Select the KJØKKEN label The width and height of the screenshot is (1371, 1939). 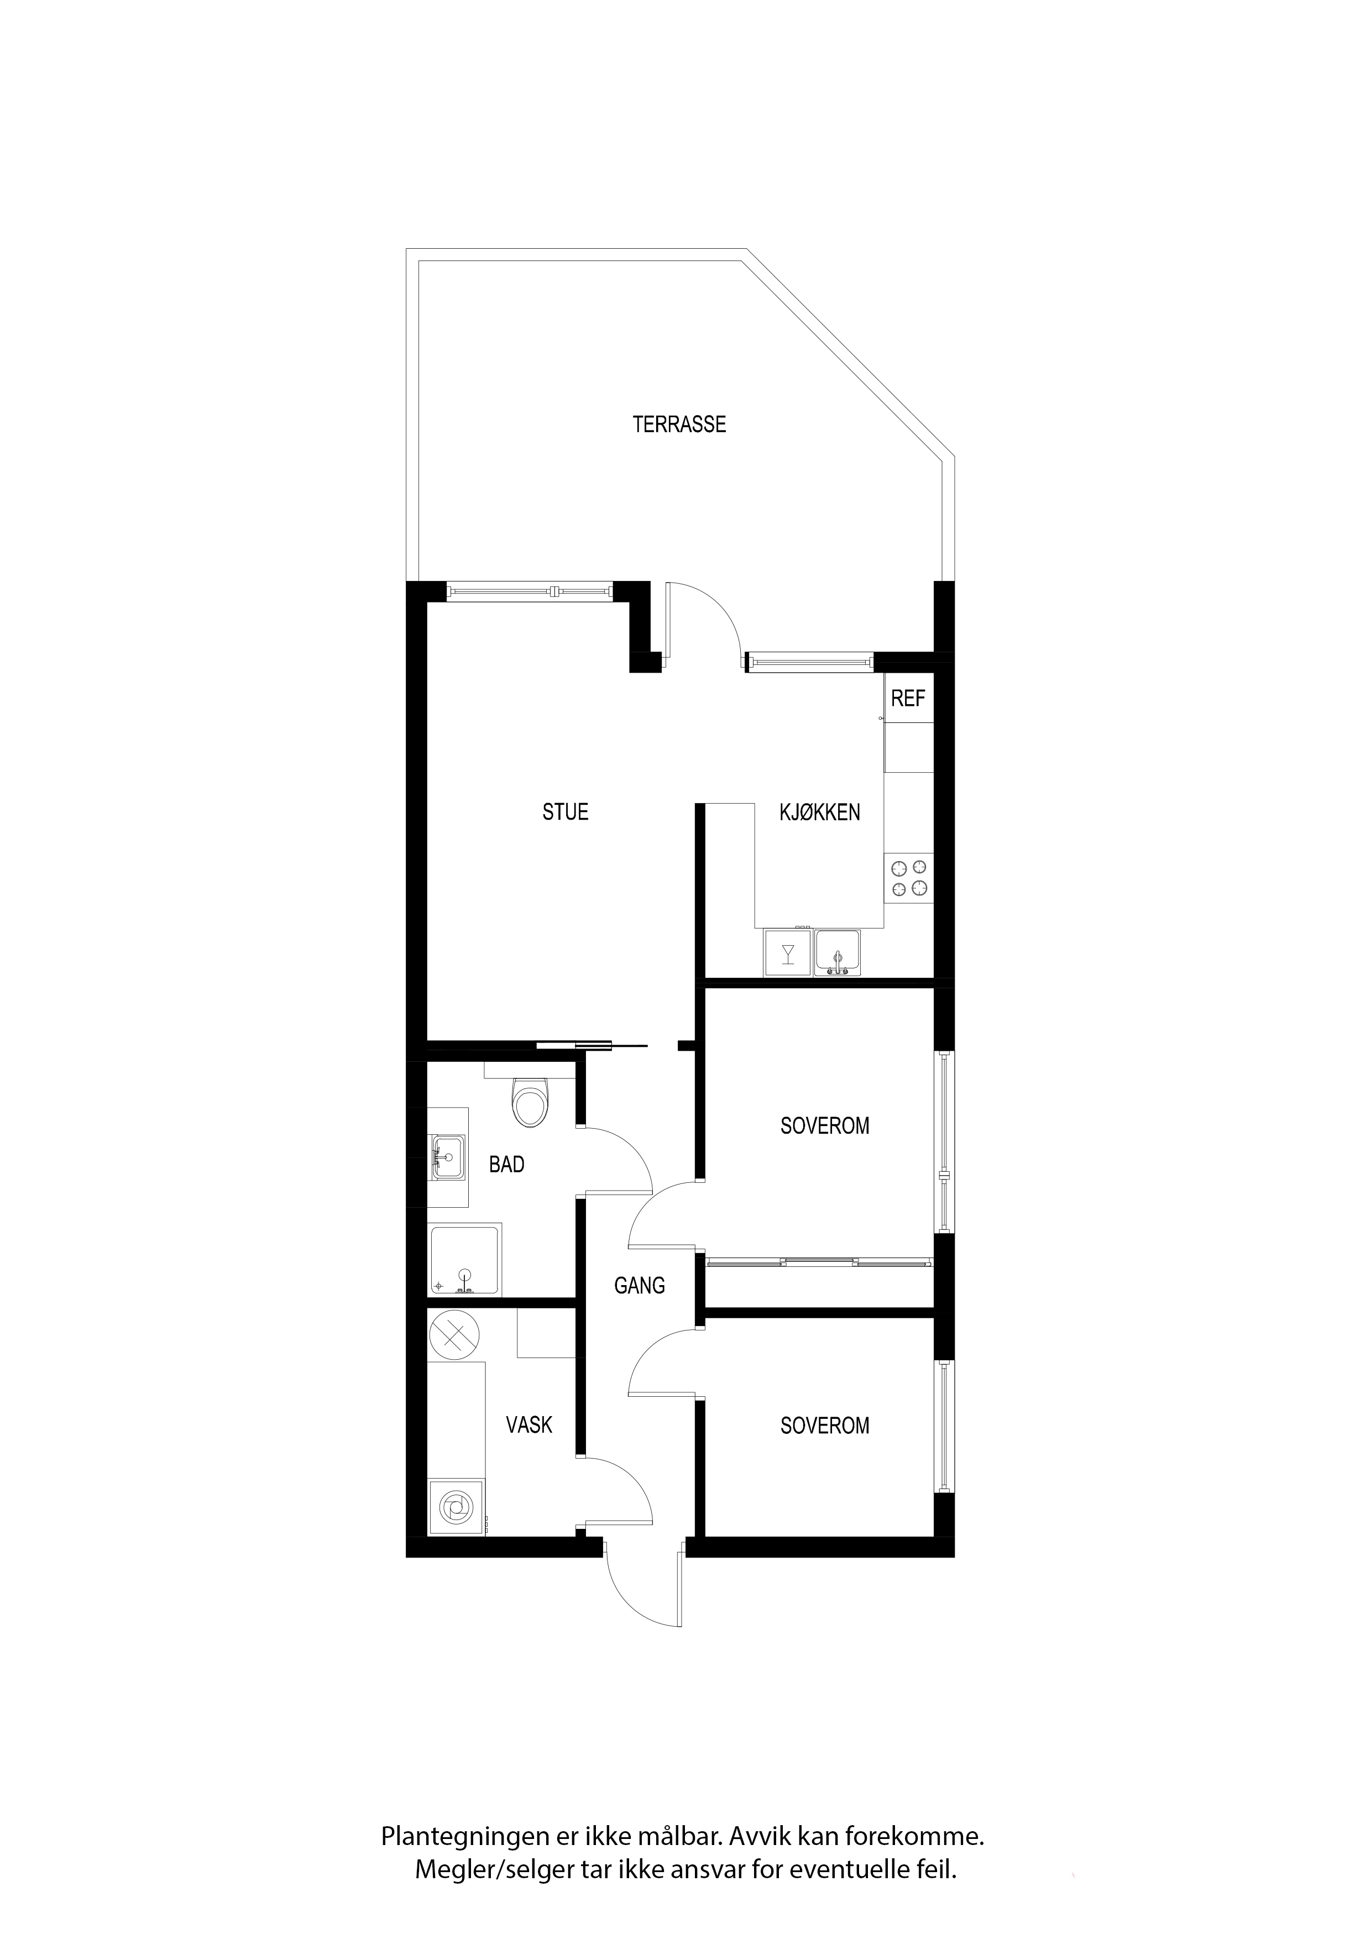point(819,813)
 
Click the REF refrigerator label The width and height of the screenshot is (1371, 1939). point(908,699)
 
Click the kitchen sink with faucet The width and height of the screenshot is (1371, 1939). point(837,952)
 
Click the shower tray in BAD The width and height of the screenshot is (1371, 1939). point(464,1260)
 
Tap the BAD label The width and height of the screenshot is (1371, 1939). point(507,1165)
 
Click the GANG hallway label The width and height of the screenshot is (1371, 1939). point(640,1285)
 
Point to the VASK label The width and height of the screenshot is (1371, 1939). point(529,1426)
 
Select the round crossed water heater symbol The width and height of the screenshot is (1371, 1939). point(454,1336)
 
